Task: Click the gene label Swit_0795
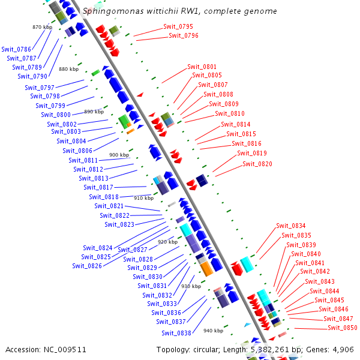coord(178,27)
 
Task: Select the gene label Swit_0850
coord(343,328)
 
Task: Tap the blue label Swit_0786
coord(16,49)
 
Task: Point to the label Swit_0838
coord(176,333)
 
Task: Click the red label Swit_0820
coord(257,164)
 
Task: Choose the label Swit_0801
coord(202,67)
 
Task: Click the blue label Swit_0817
coord(98,187)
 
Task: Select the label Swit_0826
coord(87,266)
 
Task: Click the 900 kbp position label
coord(119,155)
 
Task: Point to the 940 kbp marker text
coord(213,331)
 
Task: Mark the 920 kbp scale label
coord(167,242)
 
